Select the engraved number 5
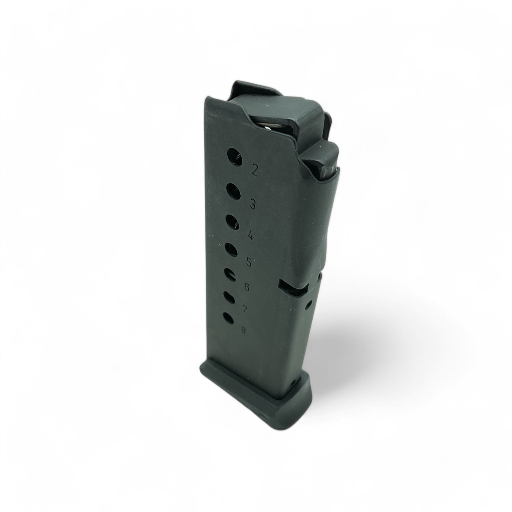tap(249, 262)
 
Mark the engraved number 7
tap(244, 309)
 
